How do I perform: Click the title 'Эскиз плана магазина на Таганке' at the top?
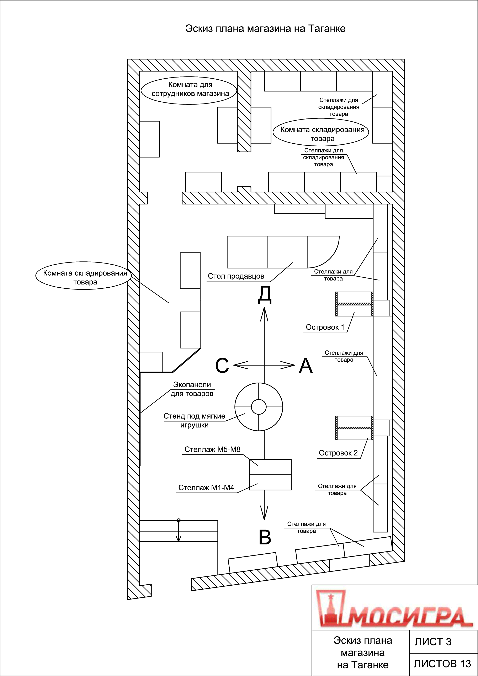pyautogui.click(x=265, y=28)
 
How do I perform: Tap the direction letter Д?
pyautogui.click(x=265, y=295)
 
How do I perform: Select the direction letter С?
pyautogui.click(x=222, y=366)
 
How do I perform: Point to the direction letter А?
pyautogui.click(x=306, y=366)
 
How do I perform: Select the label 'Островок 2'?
pyautogui.click(x=338, y=453)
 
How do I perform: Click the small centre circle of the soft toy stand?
pyautogui.click(x=259, y=407)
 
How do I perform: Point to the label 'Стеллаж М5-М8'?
pyautogui.click(x=212, y=449)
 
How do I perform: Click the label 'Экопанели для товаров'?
pyautogui.click(x=192, y=389)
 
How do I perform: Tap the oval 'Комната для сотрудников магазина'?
pyautogui.click(x=189, y=89)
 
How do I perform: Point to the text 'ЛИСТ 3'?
pyautogui.click(x=433, y=642)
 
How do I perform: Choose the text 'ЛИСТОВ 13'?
pyautogui.click(x=442, y=663)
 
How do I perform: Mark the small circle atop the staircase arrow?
pyautogui.click(x=178, y=521)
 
